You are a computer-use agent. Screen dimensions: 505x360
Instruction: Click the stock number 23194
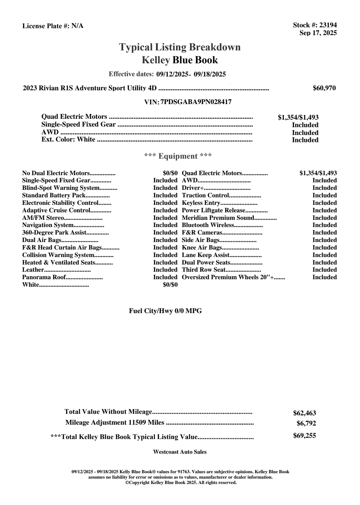[328, 25]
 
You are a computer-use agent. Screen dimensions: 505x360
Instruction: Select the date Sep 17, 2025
[318, 33]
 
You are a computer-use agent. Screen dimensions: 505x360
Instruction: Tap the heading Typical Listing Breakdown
[180, 47]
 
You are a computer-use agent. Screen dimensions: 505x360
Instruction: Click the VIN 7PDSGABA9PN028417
[196, 102]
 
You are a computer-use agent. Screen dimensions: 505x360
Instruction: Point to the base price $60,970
[324, 88]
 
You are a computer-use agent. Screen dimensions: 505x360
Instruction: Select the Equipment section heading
[178, 156]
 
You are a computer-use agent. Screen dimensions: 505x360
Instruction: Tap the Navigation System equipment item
[48, 225]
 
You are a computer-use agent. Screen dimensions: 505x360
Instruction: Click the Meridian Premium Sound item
[218, 218]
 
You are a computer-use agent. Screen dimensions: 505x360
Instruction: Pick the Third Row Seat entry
[204, 270]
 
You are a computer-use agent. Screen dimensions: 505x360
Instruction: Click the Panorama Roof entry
[44, 277]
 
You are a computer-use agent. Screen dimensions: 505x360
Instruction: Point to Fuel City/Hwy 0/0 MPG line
[165, 311]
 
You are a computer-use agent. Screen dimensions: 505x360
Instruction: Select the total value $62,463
[305, 413]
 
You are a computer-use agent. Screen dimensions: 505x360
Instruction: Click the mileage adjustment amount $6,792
[306, 424]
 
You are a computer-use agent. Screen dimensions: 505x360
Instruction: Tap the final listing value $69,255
[305, 436]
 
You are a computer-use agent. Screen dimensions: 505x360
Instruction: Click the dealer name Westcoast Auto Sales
[180, 452]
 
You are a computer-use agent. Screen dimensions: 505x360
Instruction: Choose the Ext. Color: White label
[68, 140]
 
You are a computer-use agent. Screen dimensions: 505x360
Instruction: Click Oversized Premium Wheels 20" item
[228, 277]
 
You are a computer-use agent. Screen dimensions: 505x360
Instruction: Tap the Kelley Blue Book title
[180, 60]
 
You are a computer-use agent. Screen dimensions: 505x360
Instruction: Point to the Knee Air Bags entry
[202, 248]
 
